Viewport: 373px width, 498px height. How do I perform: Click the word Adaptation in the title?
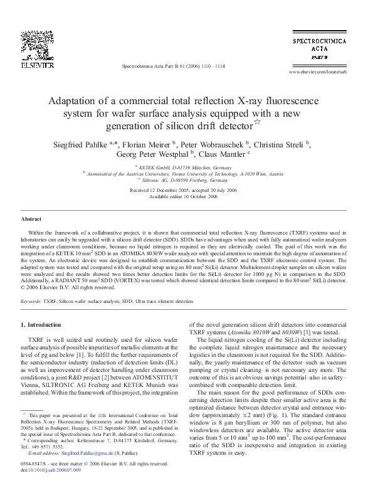pos(73,101)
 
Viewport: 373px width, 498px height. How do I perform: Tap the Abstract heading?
pos(31,220)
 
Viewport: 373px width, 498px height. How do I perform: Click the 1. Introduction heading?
pos(41,325)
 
